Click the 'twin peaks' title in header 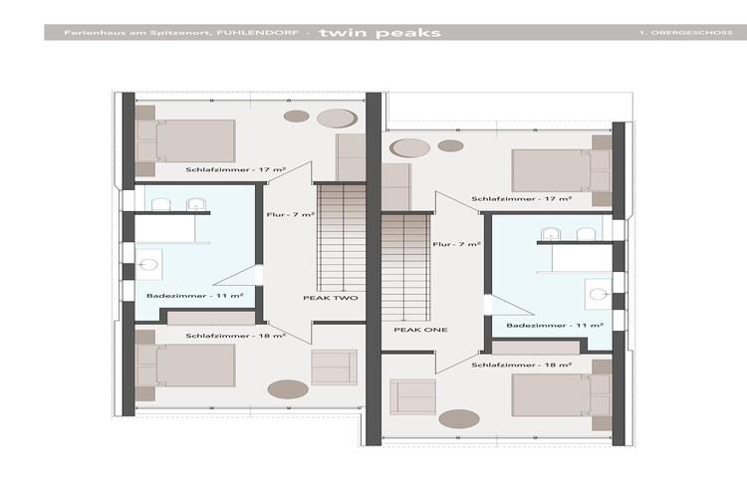pos(380,33)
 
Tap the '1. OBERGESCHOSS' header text pos(686,33)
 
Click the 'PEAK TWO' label pos(331,298)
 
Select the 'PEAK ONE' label pos(420,330)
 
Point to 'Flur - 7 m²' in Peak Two pos(291,215)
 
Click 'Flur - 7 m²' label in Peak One pos(456,244)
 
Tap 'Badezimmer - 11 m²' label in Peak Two pos(195,296)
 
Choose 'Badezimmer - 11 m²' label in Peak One pos(555,325)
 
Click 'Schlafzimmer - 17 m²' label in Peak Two pos(236,169)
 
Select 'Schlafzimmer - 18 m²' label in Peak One pos(522,365)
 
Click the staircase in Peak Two pos(342,237)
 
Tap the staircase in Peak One pos(406,267)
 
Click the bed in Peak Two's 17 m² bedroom pos(186,141)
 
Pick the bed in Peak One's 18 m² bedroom pos(562,395)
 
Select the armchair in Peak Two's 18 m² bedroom pos(334,367)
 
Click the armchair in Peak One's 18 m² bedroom pos(412,396)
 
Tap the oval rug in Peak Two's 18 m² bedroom pos(288,388)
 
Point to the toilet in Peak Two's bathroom pos(148,265)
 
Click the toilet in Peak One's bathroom pos(598,294)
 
